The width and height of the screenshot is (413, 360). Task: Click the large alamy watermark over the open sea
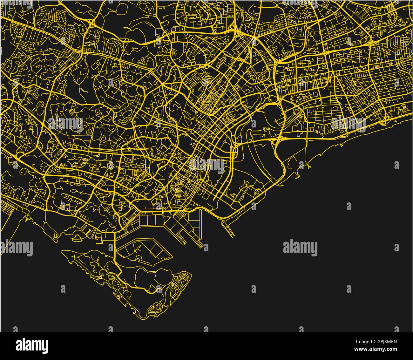pos(300,248)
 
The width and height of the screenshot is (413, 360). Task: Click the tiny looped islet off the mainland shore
pos(77,237)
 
